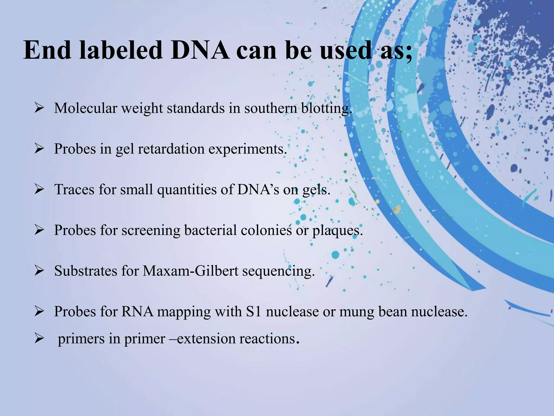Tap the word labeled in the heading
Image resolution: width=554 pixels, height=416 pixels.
pos(121,51)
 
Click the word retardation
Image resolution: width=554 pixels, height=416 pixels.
pos(171,149)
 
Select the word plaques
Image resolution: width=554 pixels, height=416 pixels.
pos(337,231)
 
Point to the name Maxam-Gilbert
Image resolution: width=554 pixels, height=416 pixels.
pos(190,271)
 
